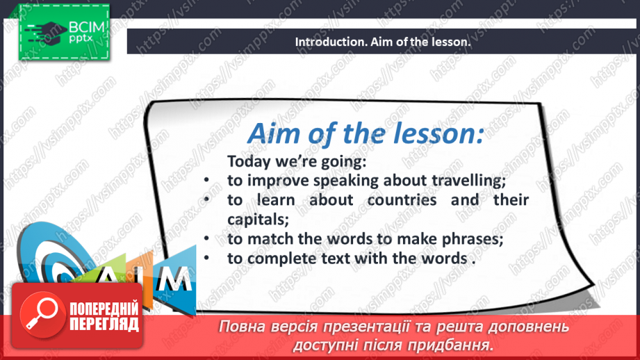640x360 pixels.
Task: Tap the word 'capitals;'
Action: coord(258,220)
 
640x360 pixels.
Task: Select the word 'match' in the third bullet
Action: coord(270,239)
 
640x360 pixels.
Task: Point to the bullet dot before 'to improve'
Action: coord(206,180)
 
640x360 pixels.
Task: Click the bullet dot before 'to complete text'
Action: coord(206,258)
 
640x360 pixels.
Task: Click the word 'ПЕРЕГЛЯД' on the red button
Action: coord(104,325)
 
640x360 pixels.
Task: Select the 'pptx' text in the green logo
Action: coord(81,38)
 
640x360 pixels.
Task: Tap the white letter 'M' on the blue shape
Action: coord(175,279)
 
